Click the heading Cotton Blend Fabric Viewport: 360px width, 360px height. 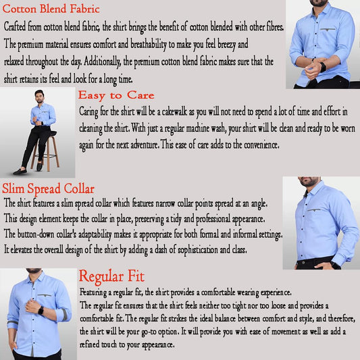[52, 9]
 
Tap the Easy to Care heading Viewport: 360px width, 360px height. [115, 95]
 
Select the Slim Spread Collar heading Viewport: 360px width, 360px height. [48, 189]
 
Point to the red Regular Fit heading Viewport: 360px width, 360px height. [111, 276]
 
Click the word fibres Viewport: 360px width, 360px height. [270, 27]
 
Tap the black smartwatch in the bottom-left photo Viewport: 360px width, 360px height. [41, 311]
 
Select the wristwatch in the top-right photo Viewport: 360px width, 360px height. [322, 66]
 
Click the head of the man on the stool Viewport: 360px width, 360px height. [39, 95]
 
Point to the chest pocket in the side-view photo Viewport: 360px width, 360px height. [313, 210]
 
